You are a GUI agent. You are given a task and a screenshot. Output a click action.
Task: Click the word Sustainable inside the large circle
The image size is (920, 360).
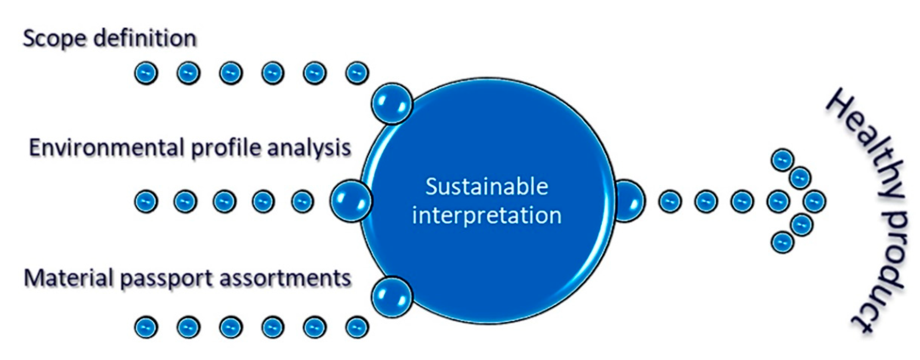click(x=486, y=186)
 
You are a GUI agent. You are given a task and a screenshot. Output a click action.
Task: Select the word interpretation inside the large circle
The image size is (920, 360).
click(x=486, y=215)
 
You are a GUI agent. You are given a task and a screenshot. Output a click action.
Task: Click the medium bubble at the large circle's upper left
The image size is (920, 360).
click(x=392, y=104)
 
